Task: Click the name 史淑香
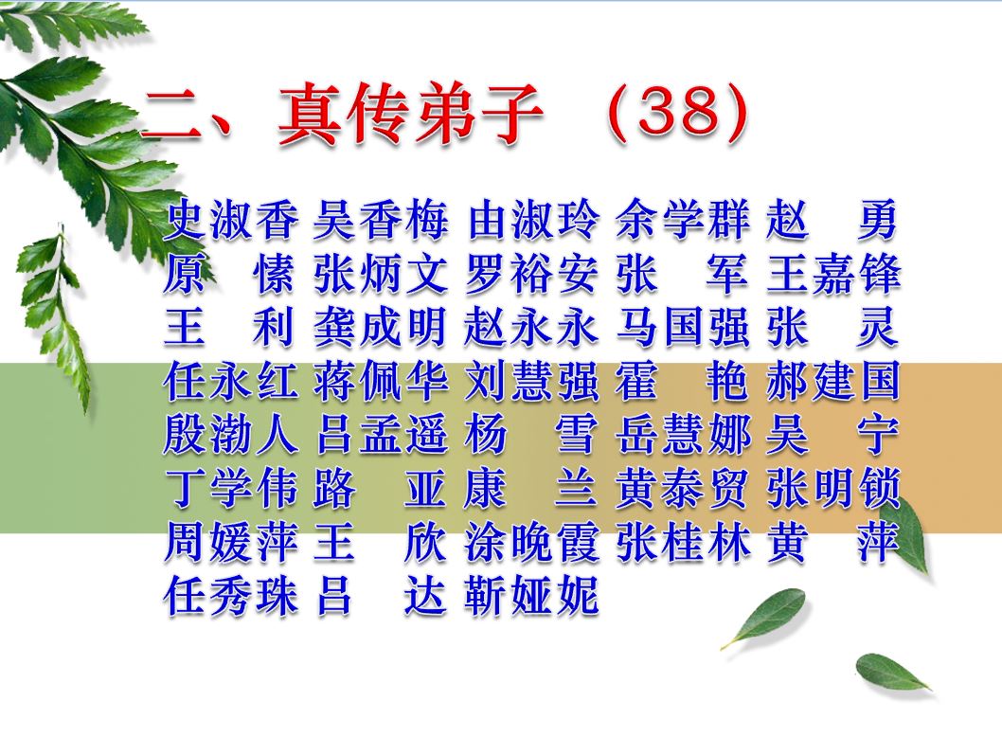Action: (231, 220)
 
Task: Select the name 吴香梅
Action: (381, 220)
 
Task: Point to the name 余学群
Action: (683, 220)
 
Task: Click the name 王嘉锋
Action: (833, 274)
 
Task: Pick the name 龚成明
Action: (381, 327)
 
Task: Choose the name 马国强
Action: (683, 327)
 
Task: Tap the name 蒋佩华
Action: (381, 381)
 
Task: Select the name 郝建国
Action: (833, 381)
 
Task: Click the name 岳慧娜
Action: (683, 435)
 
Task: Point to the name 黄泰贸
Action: (683, 489)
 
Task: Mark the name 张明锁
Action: (833, 489)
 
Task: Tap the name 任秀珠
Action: (231, 596)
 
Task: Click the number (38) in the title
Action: (677, 114)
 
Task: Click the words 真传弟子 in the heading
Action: (411, 114)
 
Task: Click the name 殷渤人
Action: (231, 435)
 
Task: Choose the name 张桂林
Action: (683, 542)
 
